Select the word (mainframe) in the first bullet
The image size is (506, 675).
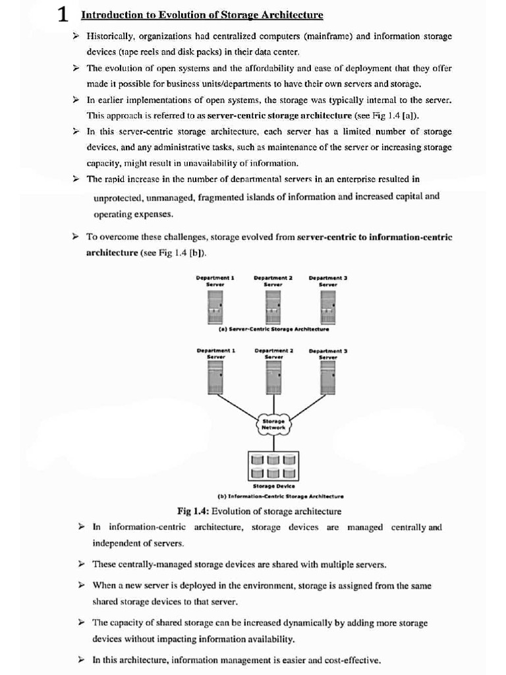tap(318, 36)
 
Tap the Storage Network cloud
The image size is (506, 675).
tap(273, 423)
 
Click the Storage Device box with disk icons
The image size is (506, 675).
tap(273, 465)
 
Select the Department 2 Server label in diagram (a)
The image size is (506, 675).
tap(273, 281)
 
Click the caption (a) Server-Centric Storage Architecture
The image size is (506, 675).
tap(273, 328)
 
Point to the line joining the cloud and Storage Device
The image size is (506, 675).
tap(273, 442)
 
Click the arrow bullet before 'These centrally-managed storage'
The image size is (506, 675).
tap(81, 564)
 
